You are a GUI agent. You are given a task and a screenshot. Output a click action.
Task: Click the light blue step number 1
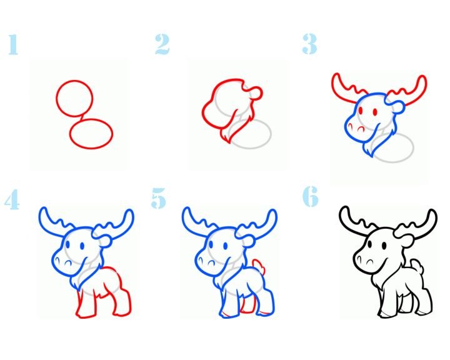(13, 44)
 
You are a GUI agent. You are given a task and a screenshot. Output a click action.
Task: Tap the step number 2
(162, 44)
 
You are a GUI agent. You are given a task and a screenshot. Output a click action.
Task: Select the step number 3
(309, 44)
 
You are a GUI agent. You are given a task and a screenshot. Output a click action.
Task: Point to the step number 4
(12, 199)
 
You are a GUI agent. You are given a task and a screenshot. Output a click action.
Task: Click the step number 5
(158, 197)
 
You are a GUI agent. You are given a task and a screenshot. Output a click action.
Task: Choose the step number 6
(311, 196)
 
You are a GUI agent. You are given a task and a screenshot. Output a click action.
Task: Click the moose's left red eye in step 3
(361, 111)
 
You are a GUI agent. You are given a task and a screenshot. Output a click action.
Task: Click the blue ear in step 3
(397, 107)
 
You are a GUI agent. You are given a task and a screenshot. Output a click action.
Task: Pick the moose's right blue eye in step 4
(82, 246)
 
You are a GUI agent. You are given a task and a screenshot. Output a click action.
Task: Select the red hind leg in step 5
(249, 304)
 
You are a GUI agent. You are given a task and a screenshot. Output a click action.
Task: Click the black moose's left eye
(369, 244)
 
